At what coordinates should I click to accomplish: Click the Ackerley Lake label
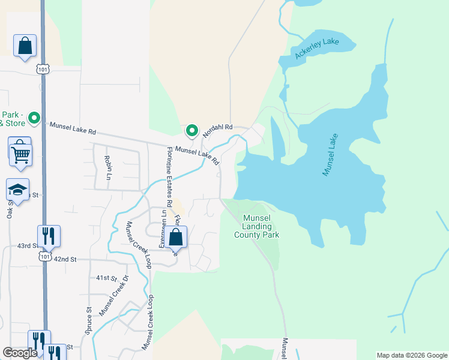tap(317, 49)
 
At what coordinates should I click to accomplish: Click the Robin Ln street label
tap(108, 167)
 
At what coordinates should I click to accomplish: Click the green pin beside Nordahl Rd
tap(192, 130)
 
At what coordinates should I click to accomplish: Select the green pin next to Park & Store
tap(34, 119)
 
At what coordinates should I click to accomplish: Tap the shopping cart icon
tap(20, 155)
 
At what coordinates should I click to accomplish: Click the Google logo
tap(20, 353)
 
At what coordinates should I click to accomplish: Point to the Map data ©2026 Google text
tap(411, 355)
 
